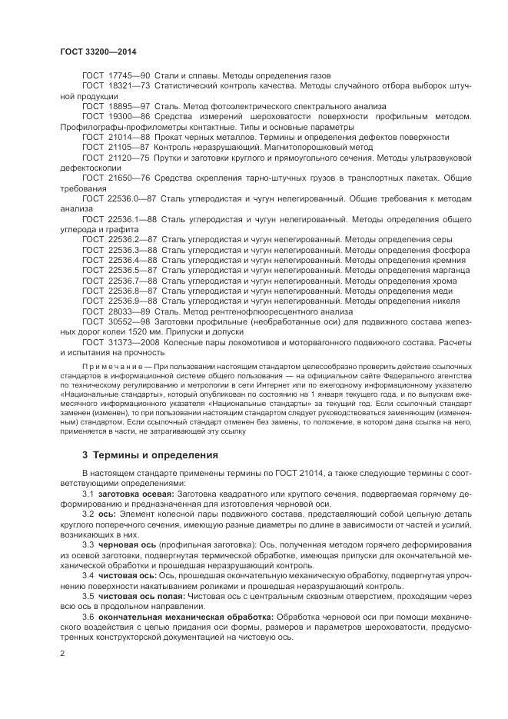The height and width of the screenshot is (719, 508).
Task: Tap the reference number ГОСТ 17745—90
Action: click(116, 76)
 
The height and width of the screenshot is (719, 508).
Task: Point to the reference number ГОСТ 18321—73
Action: click(116, 87)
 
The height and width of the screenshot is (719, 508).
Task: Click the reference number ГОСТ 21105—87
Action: click(116, 147)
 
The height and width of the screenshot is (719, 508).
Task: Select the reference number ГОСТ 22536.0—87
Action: click(119, 198)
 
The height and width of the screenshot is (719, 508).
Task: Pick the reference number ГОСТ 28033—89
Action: click(116, 311)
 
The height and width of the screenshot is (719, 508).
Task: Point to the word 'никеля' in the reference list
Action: click(435, 301)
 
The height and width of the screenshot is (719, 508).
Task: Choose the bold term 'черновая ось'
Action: click(125, 543)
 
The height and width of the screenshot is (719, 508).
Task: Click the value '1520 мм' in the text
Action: click(142, 331)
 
